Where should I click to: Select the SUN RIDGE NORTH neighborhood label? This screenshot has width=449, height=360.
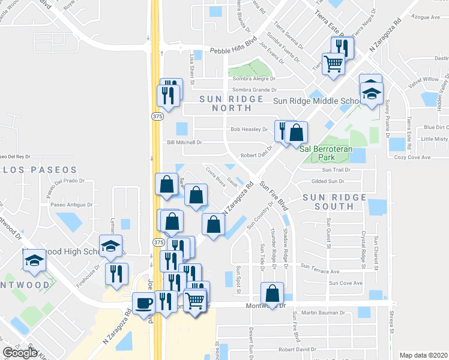[231, 103]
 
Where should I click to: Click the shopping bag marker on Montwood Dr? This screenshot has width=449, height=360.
[273, 295]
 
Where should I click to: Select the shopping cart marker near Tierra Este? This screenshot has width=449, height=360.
[333, 63]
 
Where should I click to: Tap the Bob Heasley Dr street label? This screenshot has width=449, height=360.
[249, 129]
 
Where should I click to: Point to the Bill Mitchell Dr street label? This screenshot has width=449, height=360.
[184, 142]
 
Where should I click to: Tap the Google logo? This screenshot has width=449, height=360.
[20, 353]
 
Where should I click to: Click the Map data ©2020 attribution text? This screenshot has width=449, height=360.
[423, 355]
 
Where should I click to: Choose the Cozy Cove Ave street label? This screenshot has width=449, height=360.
[412, 157]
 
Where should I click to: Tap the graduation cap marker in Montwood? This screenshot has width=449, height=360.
[34, 260]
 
